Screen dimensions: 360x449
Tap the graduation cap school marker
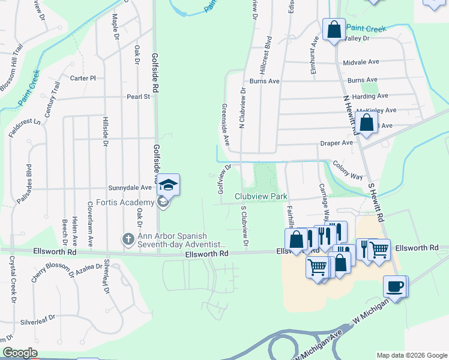(168, 184)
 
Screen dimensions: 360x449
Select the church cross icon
(128, 239)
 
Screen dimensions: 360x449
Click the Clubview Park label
(261, 196)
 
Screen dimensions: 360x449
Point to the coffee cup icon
(394, 286)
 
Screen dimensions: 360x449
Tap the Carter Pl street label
(83, 78)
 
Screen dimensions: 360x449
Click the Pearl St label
(137, 96)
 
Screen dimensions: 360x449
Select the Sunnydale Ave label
(130, 188)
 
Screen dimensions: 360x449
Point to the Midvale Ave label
(361, 62)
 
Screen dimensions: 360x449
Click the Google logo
(20, 353)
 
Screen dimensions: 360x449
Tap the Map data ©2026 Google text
(412, 355)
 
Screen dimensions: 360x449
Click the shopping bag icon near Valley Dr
(334, 29)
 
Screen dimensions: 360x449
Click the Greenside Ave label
(226, 125)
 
